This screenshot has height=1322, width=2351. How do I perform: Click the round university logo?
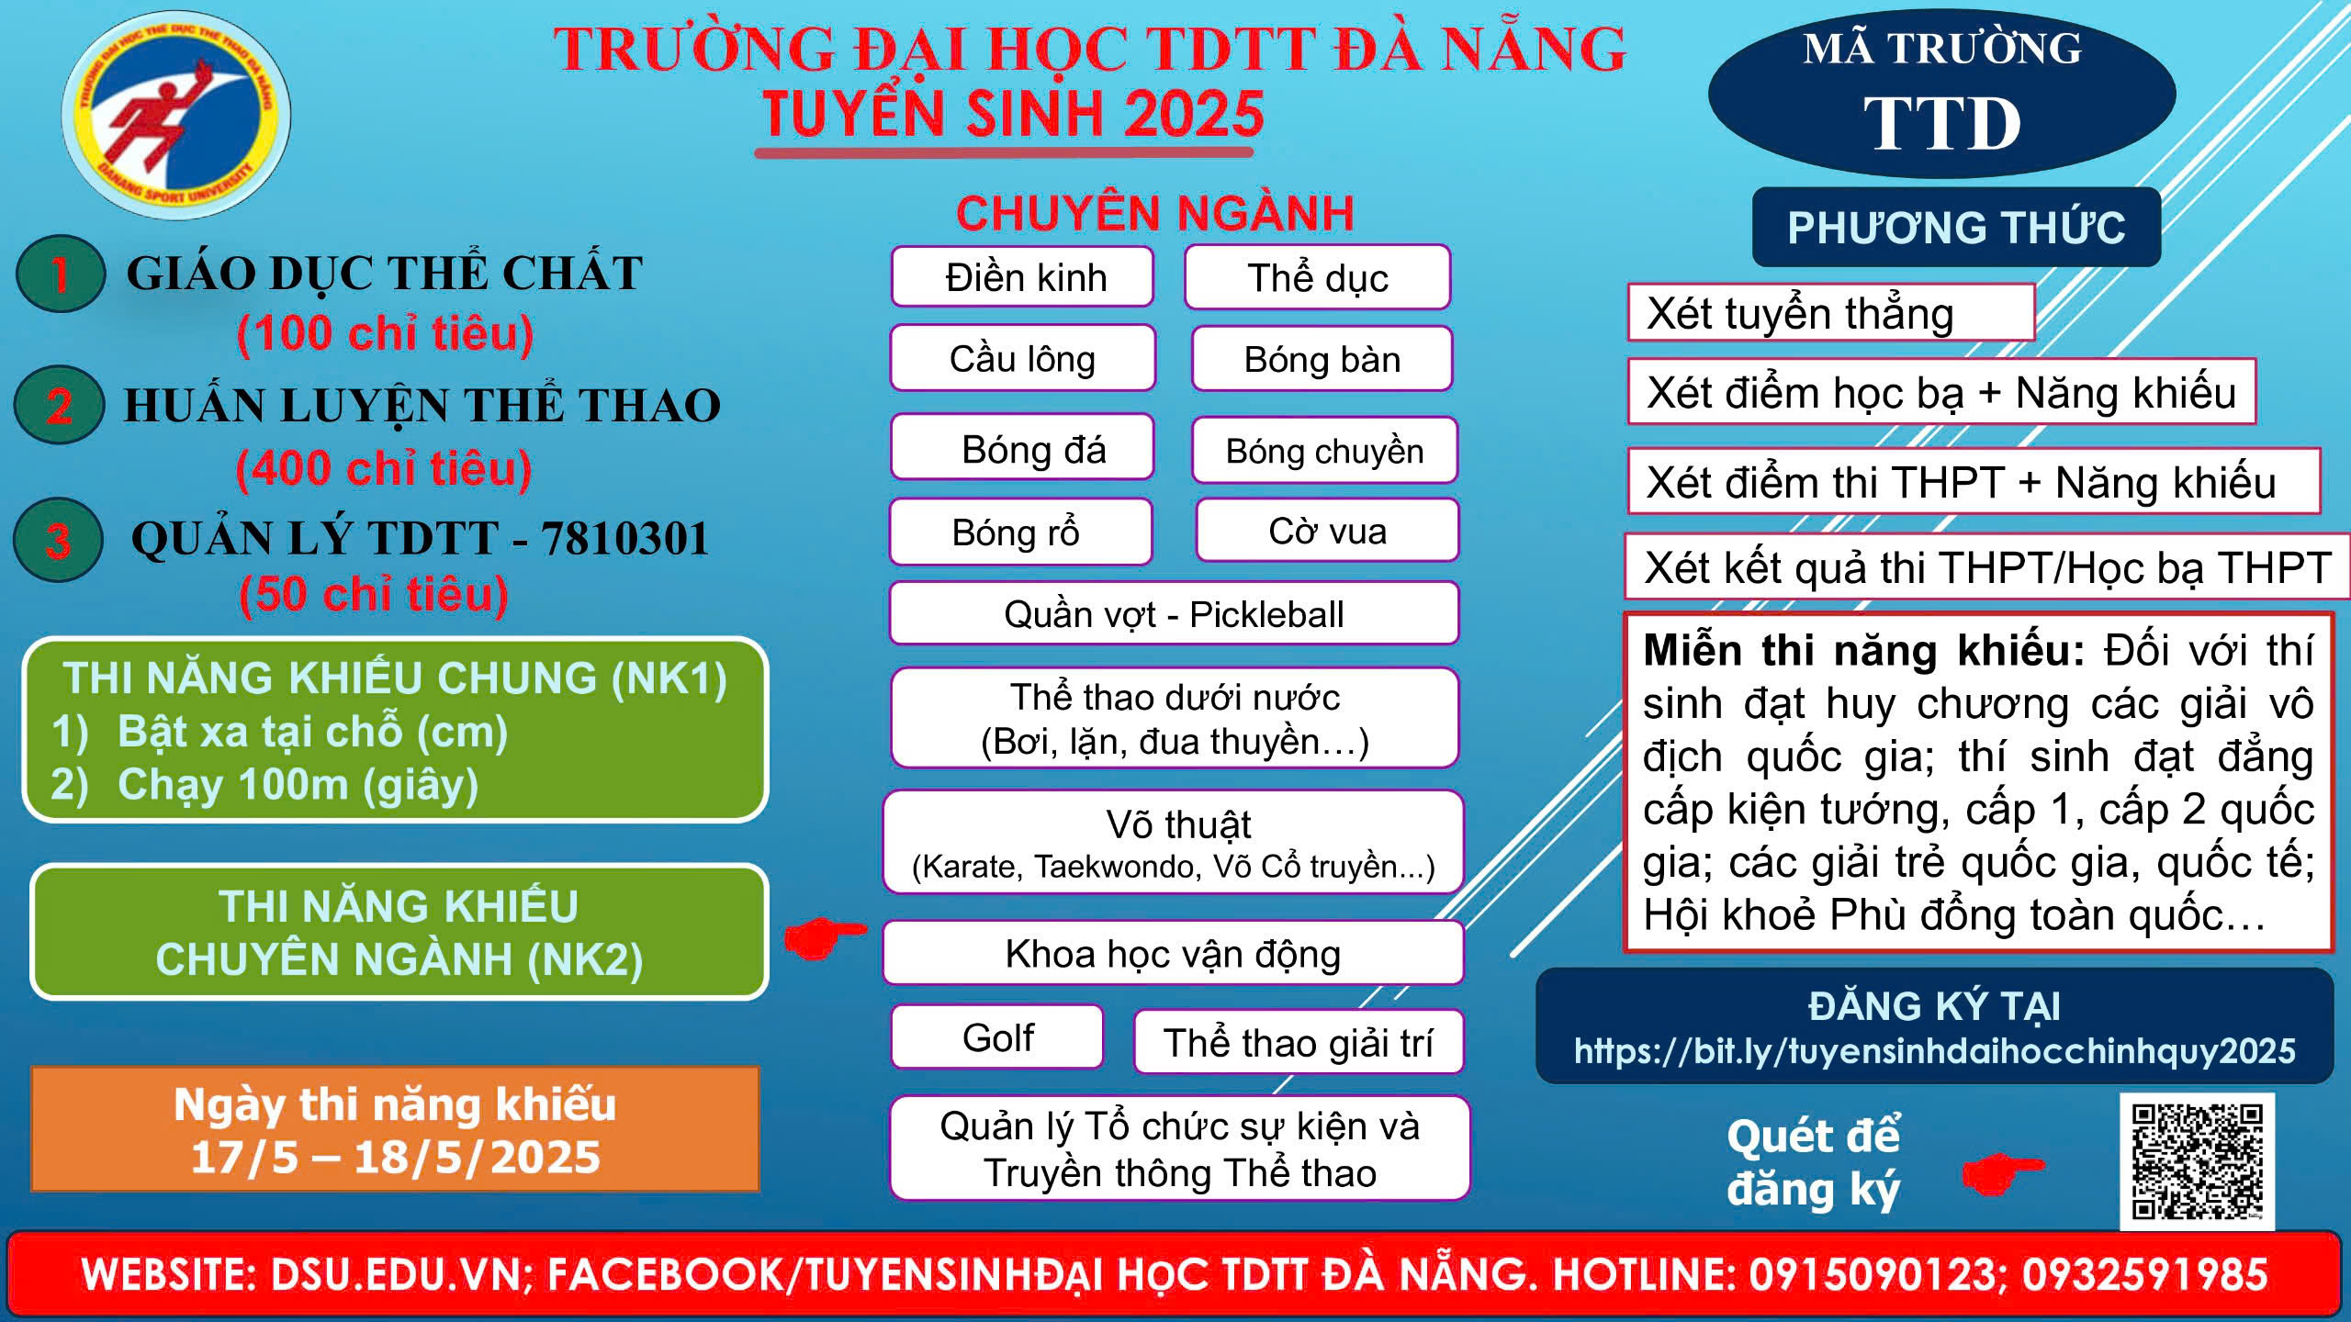click(x=176, y=115)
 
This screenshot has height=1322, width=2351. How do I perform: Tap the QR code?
click(x=2198, y=1160)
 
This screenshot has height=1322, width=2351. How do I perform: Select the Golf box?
click(x=997, y=1037)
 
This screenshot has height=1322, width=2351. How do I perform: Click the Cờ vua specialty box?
click(x=1328, y=531)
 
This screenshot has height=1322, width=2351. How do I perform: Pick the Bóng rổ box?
click(x=1020, y=532)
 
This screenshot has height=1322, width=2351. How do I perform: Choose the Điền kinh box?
click(x=1023, y=276)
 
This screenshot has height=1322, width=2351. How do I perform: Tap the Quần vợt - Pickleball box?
click(x=1174, y=613)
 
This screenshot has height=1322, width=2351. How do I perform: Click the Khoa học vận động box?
click(x=1173, y=953)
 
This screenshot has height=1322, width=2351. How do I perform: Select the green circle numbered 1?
click(x=61, y=274)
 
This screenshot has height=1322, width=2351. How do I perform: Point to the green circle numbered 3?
click(x=58, y=540)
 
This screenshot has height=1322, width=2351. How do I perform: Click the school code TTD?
click(x=1941, y=124)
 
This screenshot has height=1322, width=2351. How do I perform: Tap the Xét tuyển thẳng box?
click(x=1831, y=313)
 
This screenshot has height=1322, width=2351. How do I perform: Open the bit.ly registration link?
click(x=1935, y=1050)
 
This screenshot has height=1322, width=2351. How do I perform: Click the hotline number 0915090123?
click(x=1873, y=1274)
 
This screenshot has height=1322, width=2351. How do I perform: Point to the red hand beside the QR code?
click(x=2003, y=1171)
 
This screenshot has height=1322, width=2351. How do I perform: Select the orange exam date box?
click(x=395, y=1129)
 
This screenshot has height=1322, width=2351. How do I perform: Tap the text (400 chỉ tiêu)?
click(x=384, y=468)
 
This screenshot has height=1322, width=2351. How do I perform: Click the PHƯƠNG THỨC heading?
click(x=1956, y=228)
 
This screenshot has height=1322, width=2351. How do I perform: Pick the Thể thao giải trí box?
click(x=1299, y=1042)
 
